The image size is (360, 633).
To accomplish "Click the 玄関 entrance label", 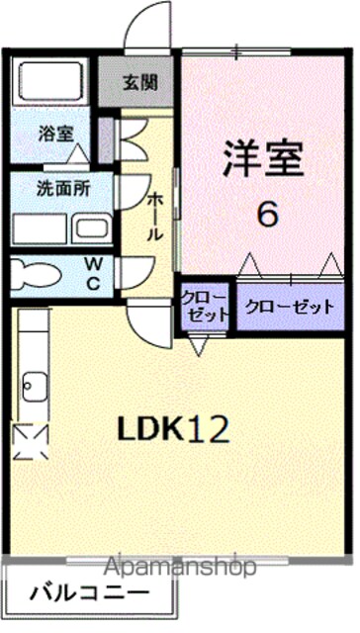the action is (x=140, y=83).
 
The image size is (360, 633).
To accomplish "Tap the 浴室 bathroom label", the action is (x=56, y=134).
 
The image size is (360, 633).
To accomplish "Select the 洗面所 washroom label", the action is (x=63, y=189).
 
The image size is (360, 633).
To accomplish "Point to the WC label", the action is (x=93, y=275).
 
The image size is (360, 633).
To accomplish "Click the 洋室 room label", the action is (x=263, y=158).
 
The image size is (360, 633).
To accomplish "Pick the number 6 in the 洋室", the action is (x=268, y=215).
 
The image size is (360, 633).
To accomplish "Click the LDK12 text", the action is (x=173, y=429).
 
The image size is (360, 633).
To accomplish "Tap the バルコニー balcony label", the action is (x=90, y=593).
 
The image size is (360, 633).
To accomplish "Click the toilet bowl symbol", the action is (x=35, y=275).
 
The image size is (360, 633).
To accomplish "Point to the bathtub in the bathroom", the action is (x=49, y=82).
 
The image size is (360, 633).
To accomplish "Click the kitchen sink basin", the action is (x=35, y=387).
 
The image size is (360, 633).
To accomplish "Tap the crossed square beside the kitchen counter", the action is (x=31, y=442).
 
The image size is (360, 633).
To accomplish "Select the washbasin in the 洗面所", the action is (x=92, y=228).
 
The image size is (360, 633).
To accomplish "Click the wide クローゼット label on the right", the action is (x=290, y=308).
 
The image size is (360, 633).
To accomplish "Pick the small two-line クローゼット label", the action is (x=205, y=307).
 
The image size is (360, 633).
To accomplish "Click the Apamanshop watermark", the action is (x=180, y=568).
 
